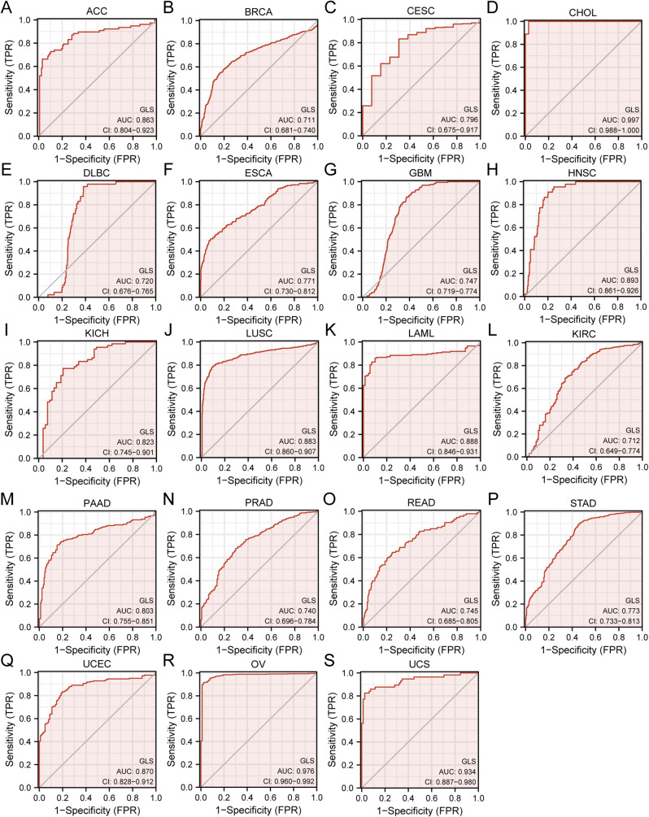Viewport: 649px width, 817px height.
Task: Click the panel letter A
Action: point(7,7)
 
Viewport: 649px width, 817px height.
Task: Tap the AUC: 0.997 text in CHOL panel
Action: point(622,118)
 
